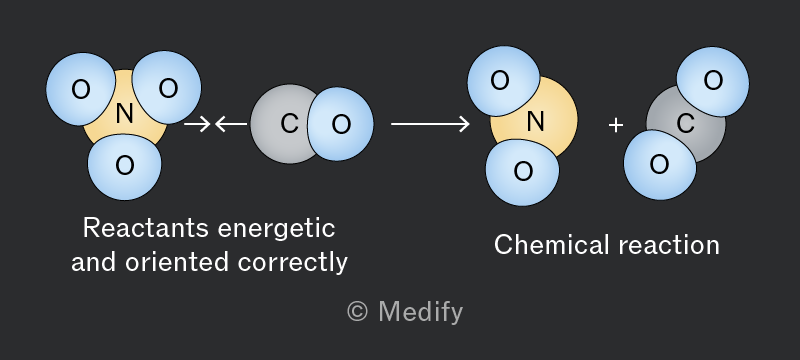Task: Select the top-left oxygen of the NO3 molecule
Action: (x=81, y=89)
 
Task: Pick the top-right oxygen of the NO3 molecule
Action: (x=167, y=88)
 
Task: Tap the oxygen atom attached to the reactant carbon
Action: (x=341, y=124)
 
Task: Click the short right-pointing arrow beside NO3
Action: (x=197, y=124)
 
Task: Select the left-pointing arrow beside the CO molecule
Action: (x=231, y=124)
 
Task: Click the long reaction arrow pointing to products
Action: (x=430, y=124)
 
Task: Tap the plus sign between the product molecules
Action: (x=616, y=125)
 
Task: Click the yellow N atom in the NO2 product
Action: (x=535, y=121)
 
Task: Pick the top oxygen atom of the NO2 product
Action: (x=503, y=81)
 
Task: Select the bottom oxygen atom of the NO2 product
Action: (x=522, y=172)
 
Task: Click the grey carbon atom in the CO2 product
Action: (x=686, y=124)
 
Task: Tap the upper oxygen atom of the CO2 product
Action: (x=713, y=81)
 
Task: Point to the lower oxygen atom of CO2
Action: (x=660, y=165)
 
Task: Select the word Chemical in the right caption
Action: (x=552, y=245)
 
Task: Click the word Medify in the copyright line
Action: (x=421, y=312)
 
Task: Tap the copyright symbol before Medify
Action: (x=357, y=311)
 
